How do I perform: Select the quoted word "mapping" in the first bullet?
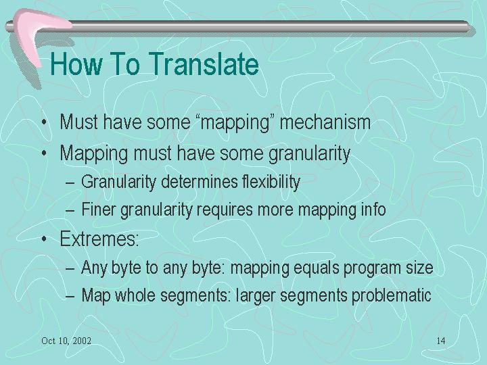[235, 122]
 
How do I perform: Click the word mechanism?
[325, 122]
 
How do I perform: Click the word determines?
[200, 182]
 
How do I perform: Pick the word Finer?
[99, 209]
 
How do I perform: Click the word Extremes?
[99, 239]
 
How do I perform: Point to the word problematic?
[392, 295]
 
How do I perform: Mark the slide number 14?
[441, 341]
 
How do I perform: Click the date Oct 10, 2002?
[66, 341]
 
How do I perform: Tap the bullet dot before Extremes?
[45, 239]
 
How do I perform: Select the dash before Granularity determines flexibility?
[70, 183]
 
